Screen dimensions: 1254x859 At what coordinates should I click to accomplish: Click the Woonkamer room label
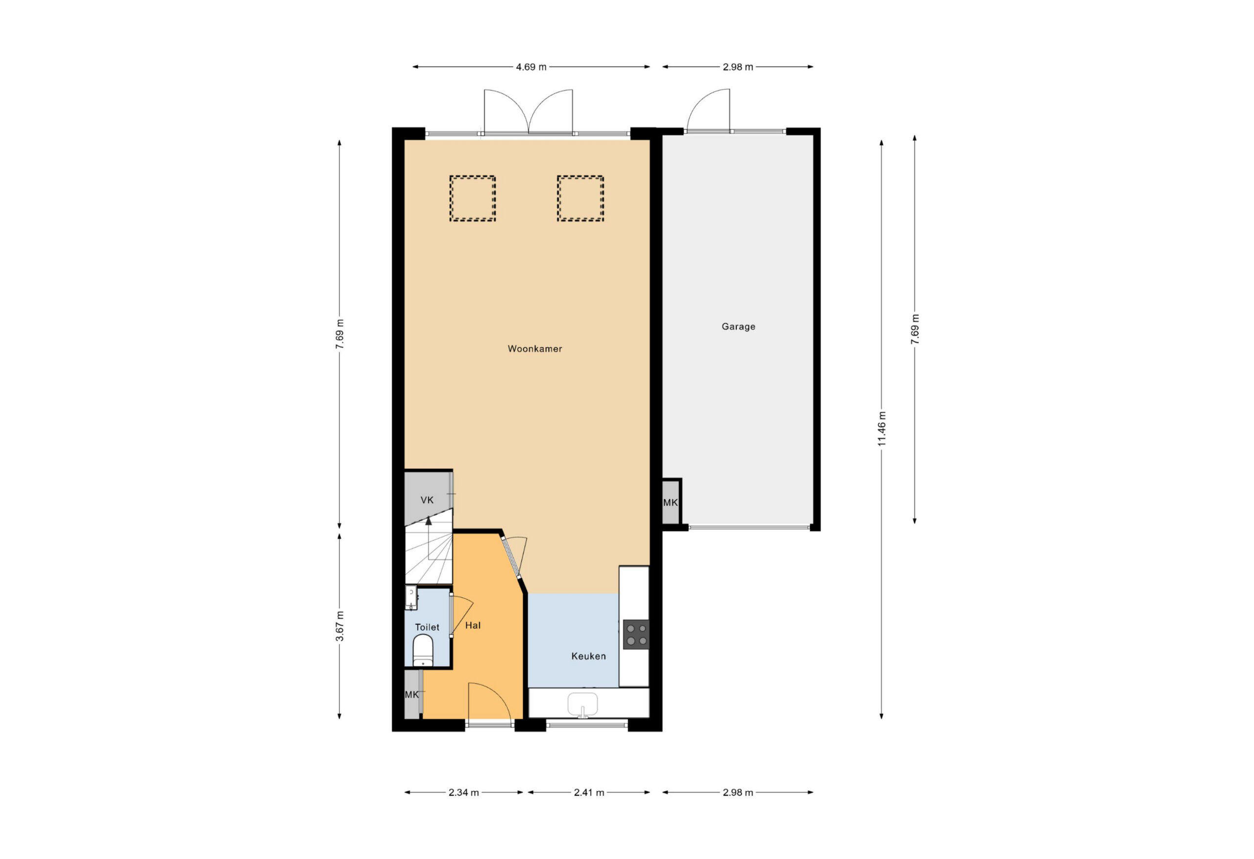[x=535, y=349]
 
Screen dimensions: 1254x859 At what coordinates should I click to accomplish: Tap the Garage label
[x=738, y=326]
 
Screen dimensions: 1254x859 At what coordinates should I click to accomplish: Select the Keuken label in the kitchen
[x=588, y=656]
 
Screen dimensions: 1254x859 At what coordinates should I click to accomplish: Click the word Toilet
[x=427, y=627]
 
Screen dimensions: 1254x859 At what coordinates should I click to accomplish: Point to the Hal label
[x=473, y=626]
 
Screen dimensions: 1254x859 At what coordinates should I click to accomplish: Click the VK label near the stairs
[x=427, y=500]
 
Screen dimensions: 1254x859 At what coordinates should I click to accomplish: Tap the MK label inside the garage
[x=670, y=503]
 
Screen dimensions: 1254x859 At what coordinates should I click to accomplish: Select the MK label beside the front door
[x=411, y=695]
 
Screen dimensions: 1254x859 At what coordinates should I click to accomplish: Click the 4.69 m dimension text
[x=531, y=67]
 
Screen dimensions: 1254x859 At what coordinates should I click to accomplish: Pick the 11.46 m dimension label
[x=882, y=429]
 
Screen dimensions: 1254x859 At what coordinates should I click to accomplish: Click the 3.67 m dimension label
[x=339, y=626]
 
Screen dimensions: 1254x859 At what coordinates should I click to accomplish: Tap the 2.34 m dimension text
[x=463, y=792]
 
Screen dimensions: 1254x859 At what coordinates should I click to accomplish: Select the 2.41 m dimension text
[x=589, y=792]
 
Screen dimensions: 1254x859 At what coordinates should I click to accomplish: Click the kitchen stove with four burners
[x=636, y=635]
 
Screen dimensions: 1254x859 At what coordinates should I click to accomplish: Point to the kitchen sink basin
[x=583, y=705]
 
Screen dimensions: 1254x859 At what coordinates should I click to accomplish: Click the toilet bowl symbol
[x=423, y=650]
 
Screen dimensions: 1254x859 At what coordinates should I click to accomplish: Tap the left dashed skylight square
[x=473, y=198]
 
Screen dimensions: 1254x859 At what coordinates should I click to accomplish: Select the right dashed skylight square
[x=580, y=198]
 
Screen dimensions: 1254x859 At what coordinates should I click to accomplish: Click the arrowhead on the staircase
[x=429, y=521]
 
